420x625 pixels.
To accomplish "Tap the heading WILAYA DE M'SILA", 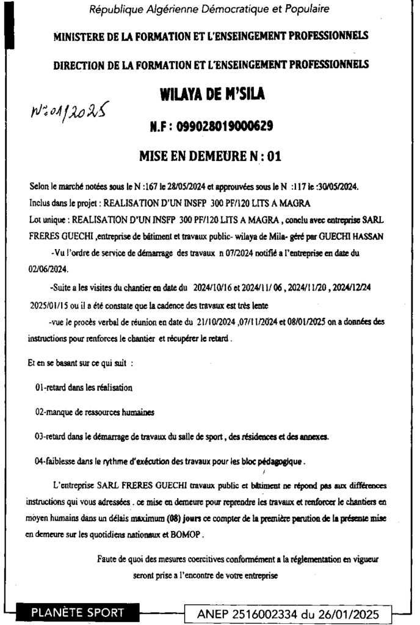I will tap(212, 95).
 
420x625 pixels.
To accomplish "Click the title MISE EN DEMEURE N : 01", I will tap(211, 156).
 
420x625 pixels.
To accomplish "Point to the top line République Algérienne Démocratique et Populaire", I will tap(209, 9).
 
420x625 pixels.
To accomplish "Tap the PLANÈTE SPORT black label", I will tap(78, 612).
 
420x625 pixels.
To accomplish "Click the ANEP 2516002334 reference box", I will tap(288, 613).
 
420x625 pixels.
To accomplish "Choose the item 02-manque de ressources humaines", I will tap(95, 412).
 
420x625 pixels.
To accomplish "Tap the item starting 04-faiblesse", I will tap(170, 461).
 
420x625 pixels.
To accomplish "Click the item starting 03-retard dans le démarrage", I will tap(181, 436).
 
